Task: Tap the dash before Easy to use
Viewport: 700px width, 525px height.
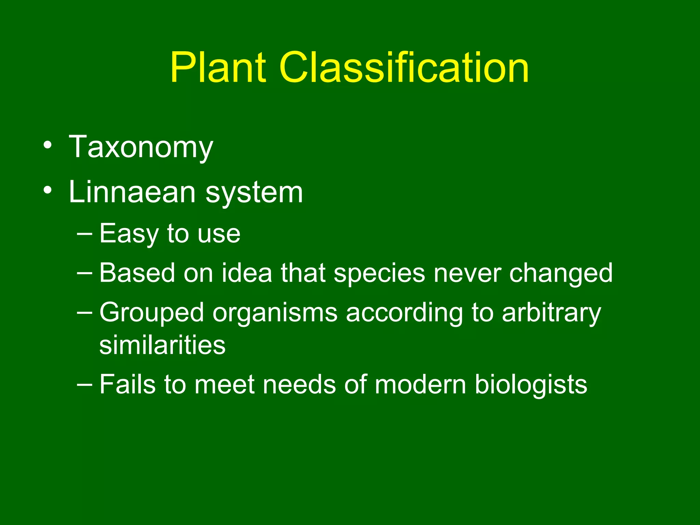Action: [84, 233]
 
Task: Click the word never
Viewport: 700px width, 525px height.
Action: [467, 273]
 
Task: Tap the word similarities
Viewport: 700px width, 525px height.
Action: [162, 345]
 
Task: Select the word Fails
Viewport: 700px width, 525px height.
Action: [127, 385]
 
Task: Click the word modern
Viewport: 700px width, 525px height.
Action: [420, 385]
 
